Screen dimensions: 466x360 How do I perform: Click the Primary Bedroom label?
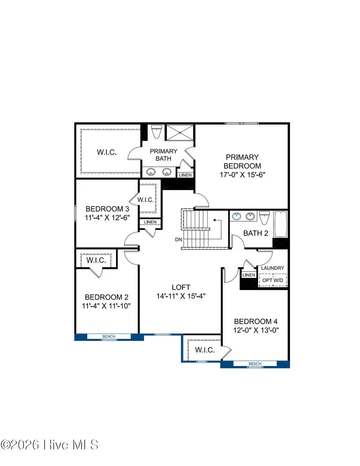pos(242,162)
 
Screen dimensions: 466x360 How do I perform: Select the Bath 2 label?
pos(256,233)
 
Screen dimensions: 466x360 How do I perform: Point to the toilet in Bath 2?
pos(264,218)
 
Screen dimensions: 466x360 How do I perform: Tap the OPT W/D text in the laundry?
pos(273,280)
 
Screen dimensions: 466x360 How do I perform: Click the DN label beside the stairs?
pos(178,240)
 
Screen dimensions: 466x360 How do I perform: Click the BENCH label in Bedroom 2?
pos(109,337)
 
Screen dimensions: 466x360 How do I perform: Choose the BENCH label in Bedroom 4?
pos(255,364)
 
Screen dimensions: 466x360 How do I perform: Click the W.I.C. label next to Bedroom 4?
pos(205,350)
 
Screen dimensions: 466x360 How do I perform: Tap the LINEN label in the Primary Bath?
pos(185,175)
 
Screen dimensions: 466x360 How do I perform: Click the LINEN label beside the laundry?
pos(248,275)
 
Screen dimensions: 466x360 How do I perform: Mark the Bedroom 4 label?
pos(256,321)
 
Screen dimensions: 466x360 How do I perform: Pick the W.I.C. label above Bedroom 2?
pos(96,260)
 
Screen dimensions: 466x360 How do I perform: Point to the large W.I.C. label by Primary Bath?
pos(107,152)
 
